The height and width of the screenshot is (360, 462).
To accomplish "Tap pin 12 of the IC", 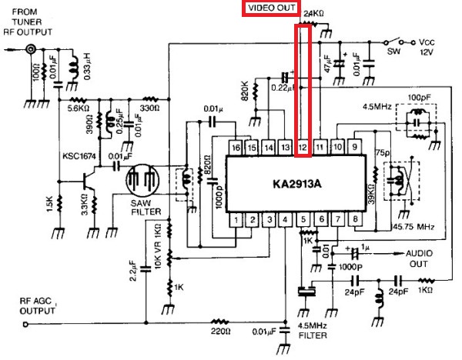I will click(303, 146).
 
